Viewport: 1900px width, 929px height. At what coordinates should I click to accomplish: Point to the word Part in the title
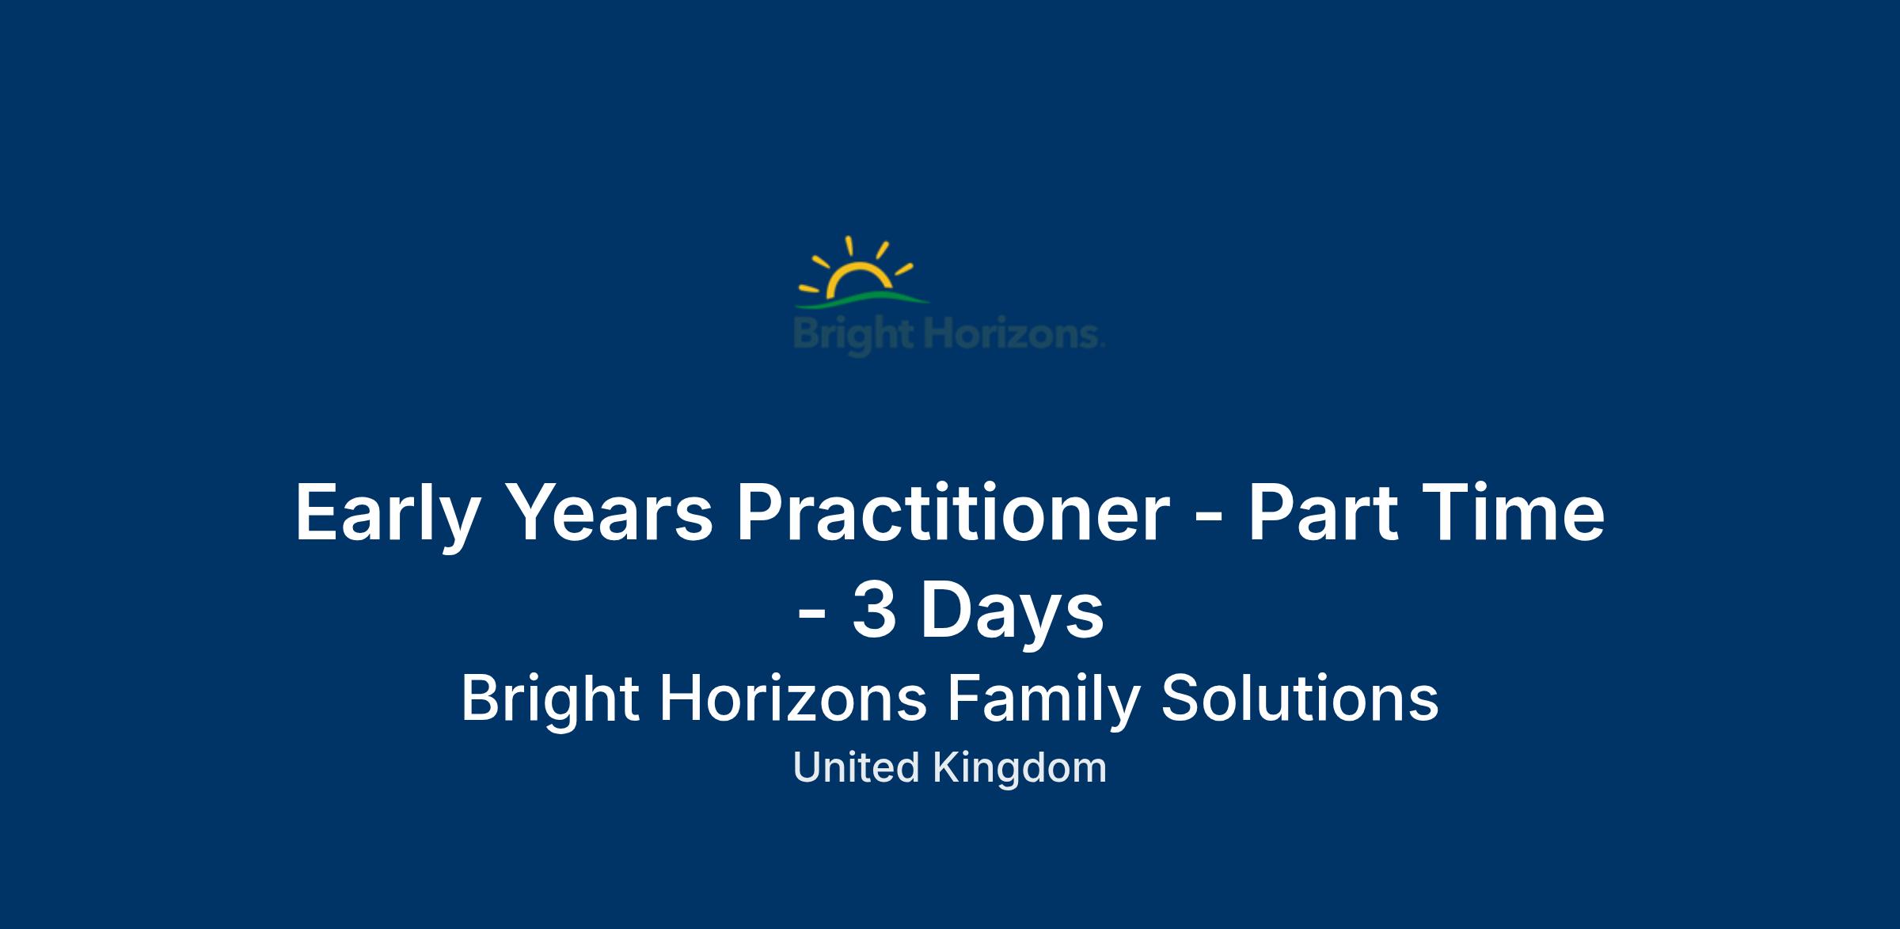click(x=1322, y=512)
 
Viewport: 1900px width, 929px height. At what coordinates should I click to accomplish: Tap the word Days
click(x=1011, y=612)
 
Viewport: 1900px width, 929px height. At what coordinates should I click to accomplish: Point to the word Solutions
click(x=1300, y=699)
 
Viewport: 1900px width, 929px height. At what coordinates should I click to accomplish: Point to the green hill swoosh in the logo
click(x=862, y=300)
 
